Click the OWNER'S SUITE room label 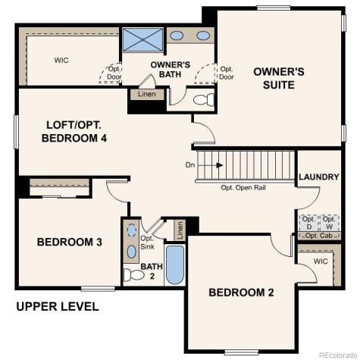click(x=278, y=78)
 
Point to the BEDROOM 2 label click(x=241, y=293)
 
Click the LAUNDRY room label click(x=318, y=177)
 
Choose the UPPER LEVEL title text click(x=58, y=307)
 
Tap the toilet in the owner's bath click(x=204, y=100)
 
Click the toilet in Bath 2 click(x=133, y=275)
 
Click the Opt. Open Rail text click(x=247, y=187)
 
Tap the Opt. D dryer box click(x=308, y=222)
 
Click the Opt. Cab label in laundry click(x=318, y=236)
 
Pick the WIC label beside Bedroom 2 click(x=319, y=261)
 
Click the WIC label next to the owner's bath click(x=61, y=59)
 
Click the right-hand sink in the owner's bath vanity click(x=203, y=36)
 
